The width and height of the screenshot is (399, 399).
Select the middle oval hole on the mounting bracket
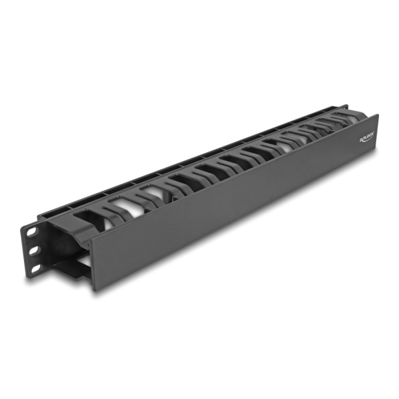(34, 250)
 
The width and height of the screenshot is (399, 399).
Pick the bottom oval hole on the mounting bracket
(36, 268)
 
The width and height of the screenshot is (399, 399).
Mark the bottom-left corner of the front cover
(93, 289)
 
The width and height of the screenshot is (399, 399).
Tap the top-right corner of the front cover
(378, 115)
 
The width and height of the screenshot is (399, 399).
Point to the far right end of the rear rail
(346, 106)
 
